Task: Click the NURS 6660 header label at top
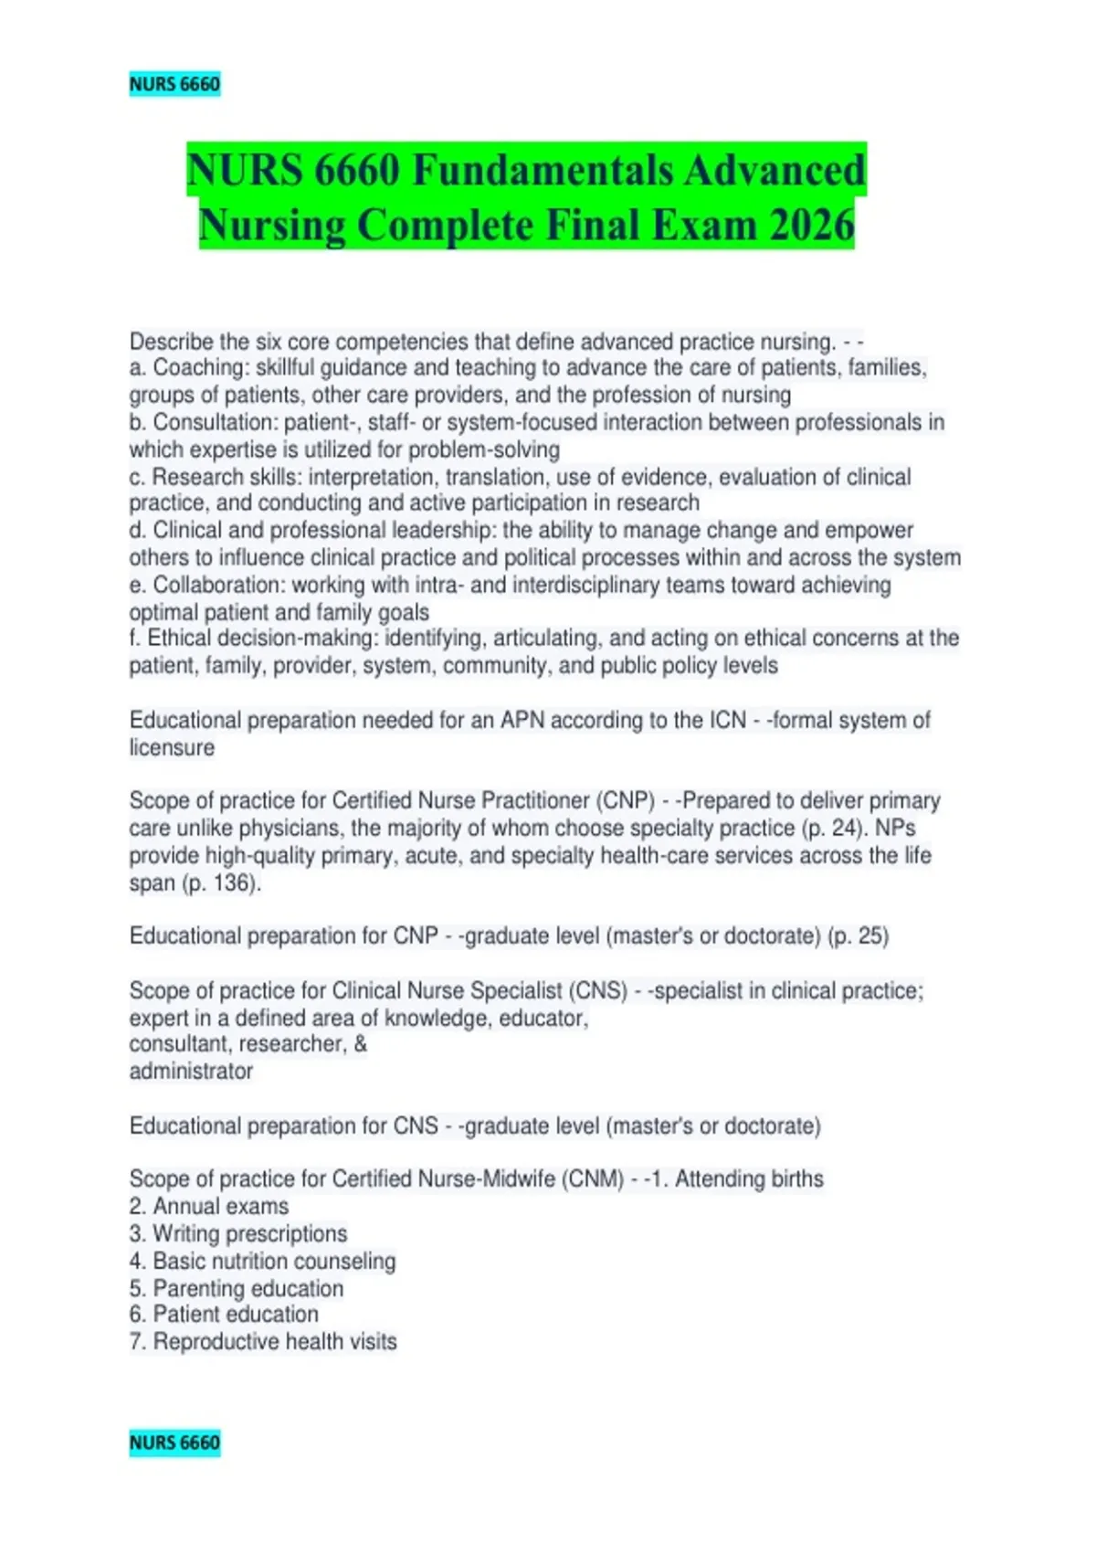coord(174,84)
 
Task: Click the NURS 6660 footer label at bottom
coord(174,1442)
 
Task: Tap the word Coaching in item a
coord(200,367)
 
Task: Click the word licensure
coord(172,747)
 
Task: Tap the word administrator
coord(191,1071)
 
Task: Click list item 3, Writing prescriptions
coord(238,1233)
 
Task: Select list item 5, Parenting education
coord(237,1288)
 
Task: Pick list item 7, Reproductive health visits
coord(263,1341)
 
